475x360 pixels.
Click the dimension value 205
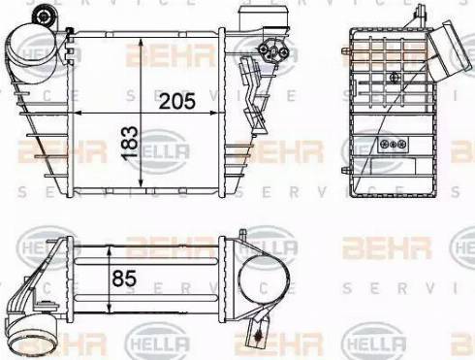(177, 101)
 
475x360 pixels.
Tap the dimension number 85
(124, 278)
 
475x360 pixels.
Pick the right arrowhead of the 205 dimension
(212, 113)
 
